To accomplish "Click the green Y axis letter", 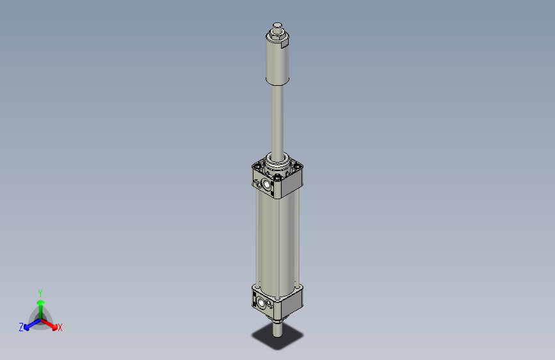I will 40,292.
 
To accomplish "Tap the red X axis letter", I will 60,328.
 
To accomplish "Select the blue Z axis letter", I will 21,327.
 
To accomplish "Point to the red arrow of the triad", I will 51,323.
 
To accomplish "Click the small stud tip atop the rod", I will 277,25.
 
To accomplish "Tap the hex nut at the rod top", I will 277,33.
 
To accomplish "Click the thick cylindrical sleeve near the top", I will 277,64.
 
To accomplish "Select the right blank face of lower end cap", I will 292,302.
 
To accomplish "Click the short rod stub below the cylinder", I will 277,330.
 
